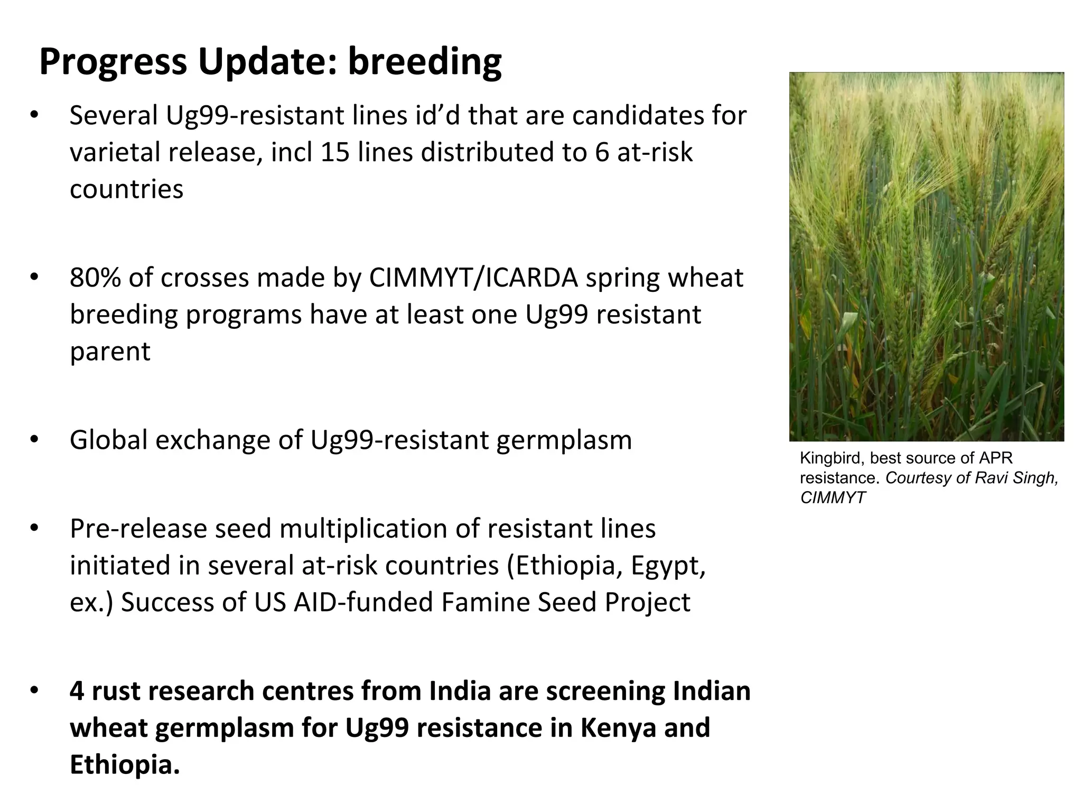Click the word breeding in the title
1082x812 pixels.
(425, 62)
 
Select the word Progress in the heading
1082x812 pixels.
(113, 62)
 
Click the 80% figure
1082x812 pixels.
(95, 278)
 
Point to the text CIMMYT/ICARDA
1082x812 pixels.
(473, 278)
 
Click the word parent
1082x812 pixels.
(110, 352)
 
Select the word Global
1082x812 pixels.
(108, 440)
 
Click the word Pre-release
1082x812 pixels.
(138, 529)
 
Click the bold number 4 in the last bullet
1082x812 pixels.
(77, 691)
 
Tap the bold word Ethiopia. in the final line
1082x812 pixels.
(125, 765)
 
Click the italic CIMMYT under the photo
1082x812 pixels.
(833, 498)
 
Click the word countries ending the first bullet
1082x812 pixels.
(126, 189)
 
